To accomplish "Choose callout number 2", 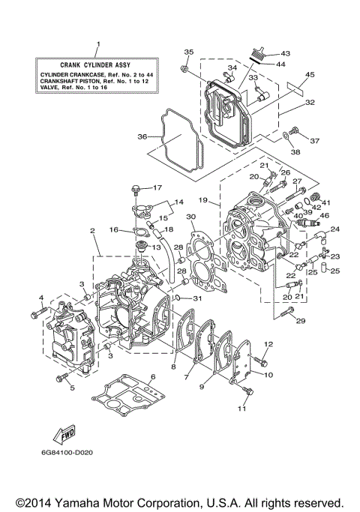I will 92,232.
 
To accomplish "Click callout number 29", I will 302,321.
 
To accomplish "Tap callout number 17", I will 158,187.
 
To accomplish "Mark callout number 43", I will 285,54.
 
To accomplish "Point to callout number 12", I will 268,344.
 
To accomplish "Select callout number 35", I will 188,51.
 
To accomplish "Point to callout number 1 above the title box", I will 97,45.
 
